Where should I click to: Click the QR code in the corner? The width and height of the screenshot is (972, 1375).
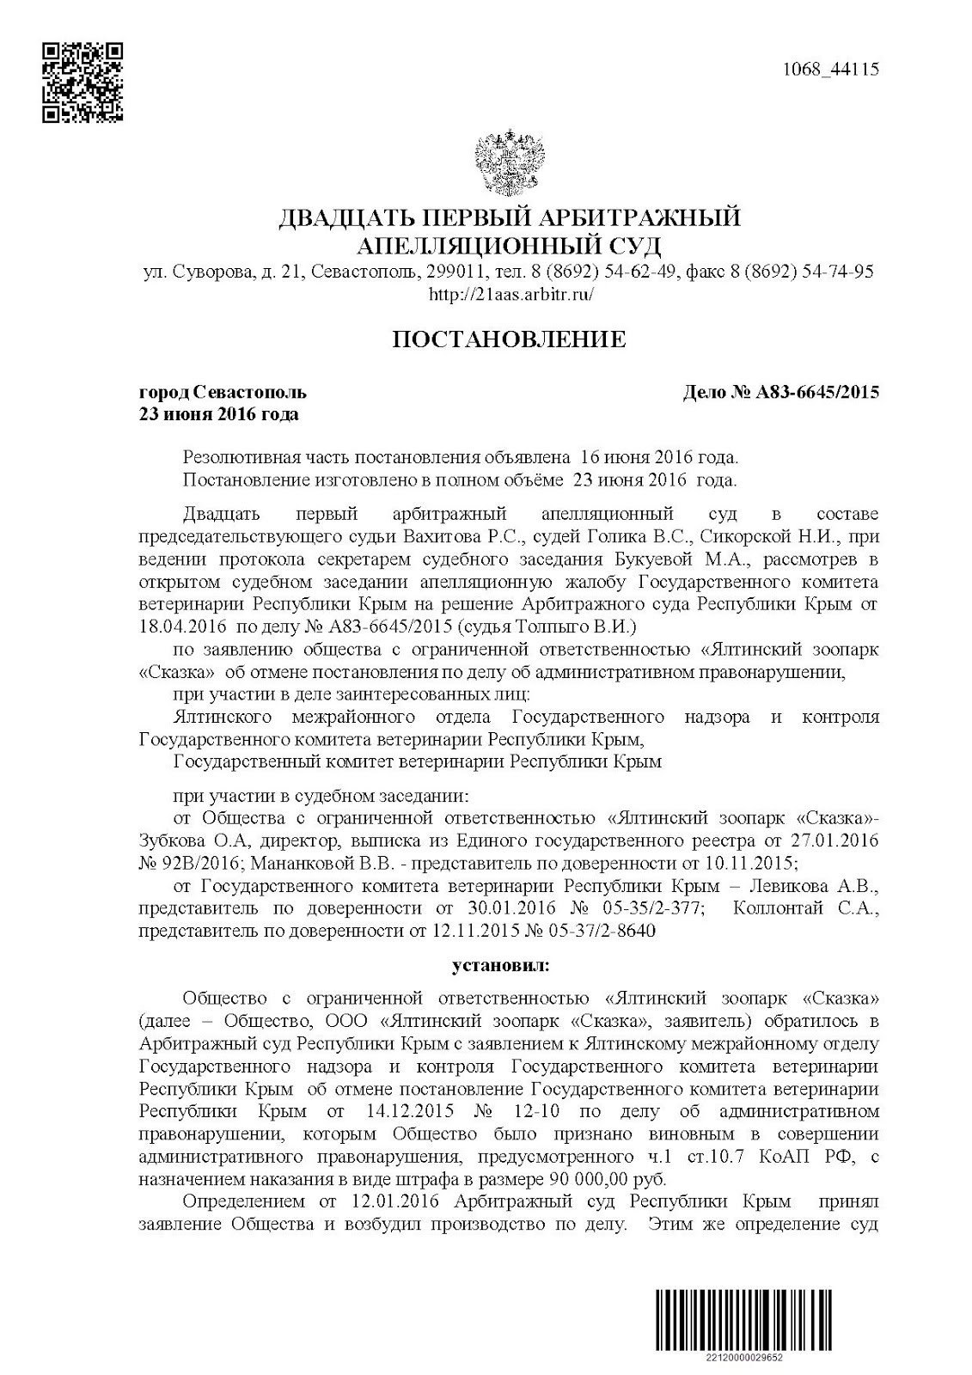point(83,82)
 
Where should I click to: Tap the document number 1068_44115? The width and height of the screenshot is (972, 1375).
point(831,70)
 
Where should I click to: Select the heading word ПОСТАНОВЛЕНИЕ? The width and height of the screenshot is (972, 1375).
point(509,339)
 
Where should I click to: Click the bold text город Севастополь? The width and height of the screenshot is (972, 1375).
point(223,393)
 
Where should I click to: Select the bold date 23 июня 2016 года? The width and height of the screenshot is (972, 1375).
point(219,415)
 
